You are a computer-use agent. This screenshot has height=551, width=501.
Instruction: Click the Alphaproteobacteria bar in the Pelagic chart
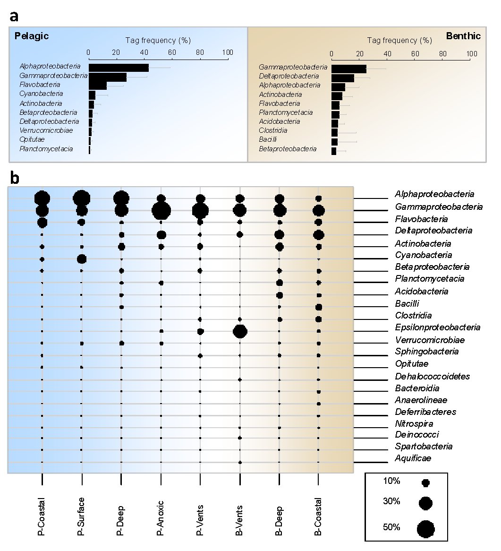click(119, 68)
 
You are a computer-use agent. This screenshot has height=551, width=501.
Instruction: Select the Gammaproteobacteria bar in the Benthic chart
click(349, 69)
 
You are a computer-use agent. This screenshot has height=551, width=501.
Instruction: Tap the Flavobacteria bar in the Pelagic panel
click(98, 86)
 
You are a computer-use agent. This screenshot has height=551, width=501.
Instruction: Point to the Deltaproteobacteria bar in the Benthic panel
click(343, 78)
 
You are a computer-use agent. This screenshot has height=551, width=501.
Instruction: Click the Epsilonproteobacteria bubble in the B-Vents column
click(240, 331)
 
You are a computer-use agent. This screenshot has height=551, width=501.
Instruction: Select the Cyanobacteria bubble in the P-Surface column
click(81, 259)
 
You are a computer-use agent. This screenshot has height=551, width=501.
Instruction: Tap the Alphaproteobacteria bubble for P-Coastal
click(42, 198)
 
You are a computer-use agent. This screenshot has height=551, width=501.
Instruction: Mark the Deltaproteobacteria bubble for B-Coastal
click(319, 235)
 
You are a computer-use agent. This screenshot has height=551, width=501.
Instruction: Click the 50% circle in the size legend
click(426, 529)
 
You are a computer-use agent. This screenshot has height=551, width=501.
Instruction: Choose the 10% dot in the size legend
click(426, 483)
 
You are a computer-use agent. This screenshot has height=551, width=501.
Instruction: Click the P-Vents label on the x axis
click(200, 520)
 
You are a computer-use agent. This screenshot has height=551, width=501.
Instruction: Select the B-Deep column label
click(279, 521)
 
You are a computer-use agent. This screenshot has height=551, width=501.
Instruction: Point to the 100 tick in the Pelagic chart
click(228, 52)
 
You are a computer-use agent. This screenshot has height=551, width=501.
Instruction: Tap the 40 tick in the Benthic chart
click(387, 54)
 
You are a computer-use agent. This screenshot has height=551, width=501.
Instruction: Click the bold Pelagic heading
click(32, 36)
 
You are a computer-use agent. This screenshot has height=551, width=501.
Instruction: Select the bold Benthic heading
click(463, 36)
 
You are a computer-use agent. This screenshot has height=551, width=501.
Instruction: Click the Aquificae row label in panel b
click(413, 458)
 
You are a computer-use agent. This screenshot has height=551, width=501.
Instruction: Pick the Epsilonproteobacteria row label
click(437, 327)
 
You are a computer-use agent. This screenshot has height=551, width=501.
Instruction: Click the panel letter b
click(14, 178)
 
